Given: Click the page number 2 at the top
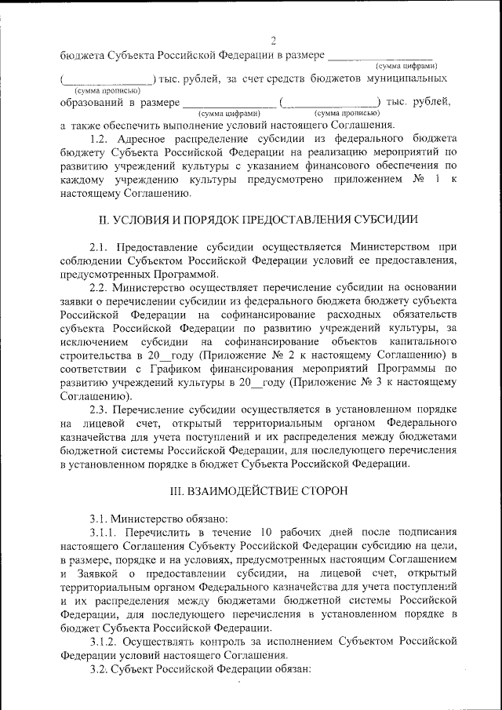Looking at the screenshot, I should pyautogui.click(x=273, y=42).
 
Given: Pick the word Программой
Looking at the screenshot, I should pyautogui.click(x=182, y=275).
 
